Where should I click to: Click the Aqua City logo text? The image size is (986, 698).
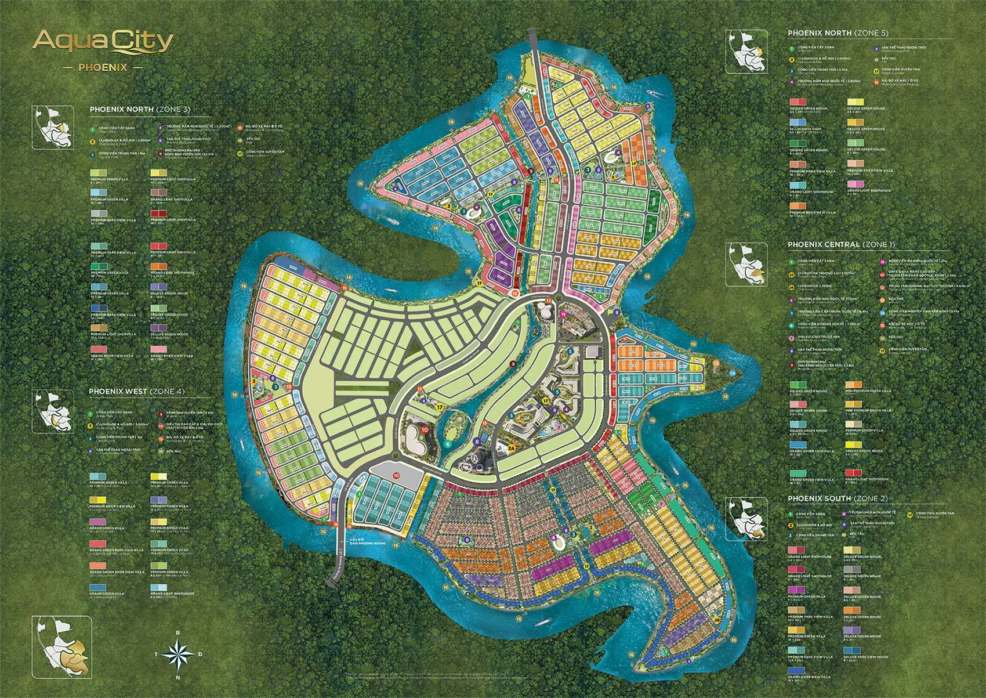coord(103,42)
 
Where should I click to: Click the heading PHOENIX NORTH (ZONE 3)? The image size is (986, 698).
coord(140,109)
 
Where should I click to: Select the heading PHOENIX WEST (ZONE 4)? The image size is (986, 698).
coord(136,392)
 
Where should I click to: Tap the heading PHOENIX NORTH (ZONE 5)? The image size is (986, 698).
coord(838,33)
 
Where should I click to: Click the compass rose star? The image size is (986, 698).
coord(178,654)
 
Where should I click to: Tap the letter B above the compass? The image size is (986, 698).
coord(178,632)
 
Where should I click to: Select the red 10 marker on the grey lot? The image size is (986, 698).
coord(396,475)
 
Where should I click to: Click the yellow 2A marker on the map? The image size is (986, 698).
coord(511,448)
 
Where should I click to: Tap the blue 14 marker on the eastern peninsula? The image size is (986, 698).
coord(731,373)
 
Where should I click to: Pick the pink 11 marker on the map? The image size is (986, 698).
coord(563,314)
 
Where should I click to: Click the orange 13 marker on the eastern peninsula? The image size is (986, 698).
coord(716,363)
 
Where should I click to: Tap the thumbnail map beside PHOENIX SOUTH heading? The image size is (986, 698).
coord(748,517)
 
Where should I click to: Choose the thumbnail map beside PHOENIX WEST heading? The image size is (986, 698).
coord(52,410)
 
